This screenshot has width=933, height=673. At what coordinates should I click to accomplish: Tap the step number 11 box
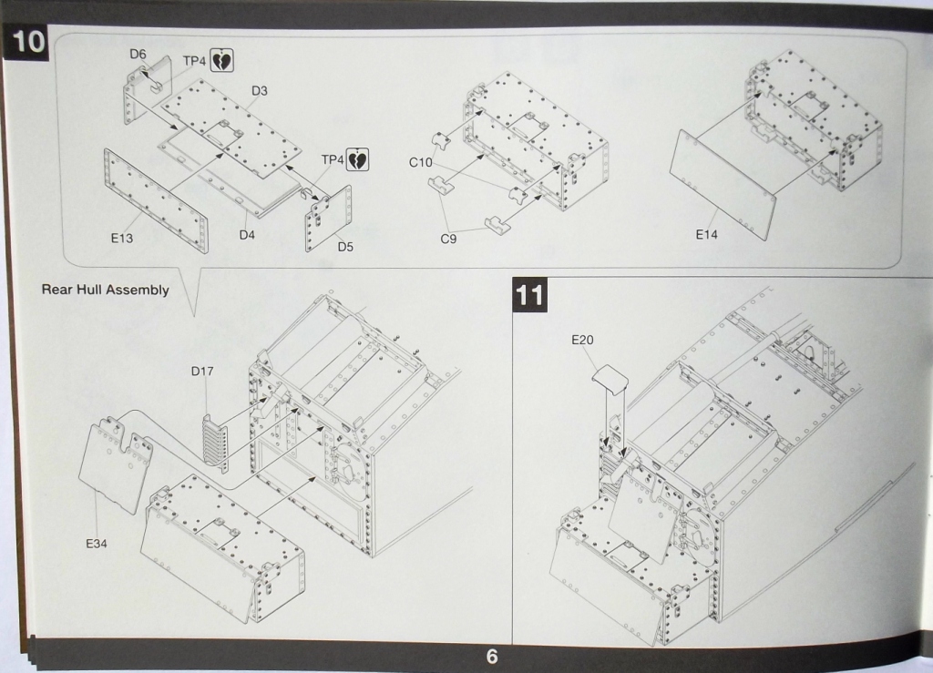tap(529, 295)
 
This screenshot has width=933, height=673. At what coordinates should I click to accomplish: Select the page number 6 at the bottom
tap(492, 657)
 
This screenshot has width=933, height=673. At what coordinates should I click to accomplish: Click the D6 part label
tap(138, 55)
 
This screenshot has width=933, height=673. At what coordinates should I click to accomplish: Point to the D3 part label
tap(260, 91)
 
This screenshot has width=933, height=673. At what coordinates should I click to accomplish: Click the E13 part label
tap(122, 239)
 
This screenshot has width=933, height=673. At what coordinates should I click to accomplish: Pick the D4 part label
tap(248, 235)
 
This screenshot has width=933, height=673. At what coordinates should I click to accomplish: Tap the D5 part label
tap(344, 246)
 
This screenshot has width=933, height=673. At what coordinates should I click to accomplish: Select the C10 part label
tap(420, 162)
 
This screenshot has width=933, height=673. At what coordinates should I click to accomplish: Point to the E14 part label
tap(707, 235)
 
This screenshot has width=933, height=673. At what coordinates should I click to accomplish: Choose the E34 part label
tap(97, 544)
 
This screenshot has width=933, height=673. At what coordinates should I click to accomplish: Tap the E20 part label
tap(582, 340)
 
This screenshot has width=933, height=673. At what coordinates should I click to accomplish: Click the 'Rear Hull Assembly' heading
tap(106, 290)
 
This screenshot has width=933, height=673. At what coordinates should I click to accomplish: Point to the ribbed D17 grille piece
tap(216, 440)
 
